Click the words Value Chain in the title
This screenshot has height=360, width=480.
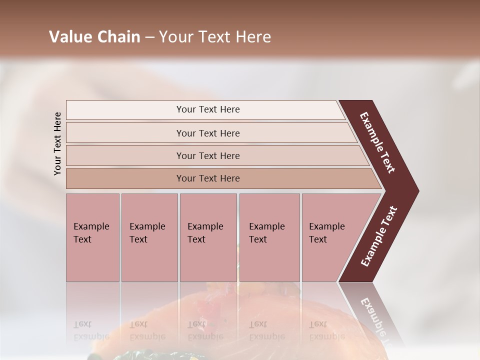point(94,37)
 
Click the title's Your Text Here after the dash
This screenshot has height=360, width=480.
point(215,37)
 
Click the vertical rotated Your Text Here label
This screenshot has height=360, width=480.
point(57,144)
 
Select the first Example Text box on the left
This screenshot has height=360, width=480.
point(92,237)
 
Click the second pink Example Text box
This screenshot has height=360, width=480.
point(149,237)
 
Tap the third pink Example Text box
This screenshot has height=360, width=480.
point(208,237)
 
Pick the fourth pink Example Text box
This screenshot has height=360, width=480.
point(269,237)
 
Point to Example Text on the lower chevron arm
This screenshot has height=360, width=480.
point(379,236)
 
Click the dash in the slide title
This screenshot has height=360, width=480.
point(149,37)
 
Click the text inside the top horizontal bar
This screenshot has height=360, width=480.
point(208,109)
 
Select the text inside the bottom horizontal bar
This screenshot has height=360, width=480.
point(208,178)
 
